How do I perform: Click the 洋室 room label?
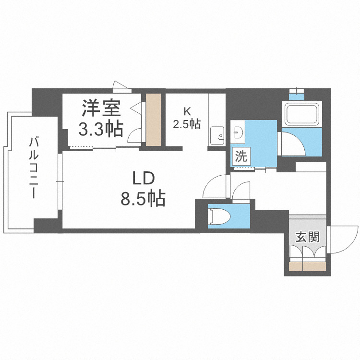(101, 108)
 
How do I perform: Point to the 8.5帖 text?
(143, 197)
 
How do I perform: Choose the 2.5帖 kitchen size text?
(187, 124)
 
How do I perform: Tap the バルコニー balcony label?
(34, 168)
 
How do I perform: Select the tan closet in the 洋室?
(154, 120)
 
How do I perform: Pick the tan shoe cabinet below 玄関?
(308, 267)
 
